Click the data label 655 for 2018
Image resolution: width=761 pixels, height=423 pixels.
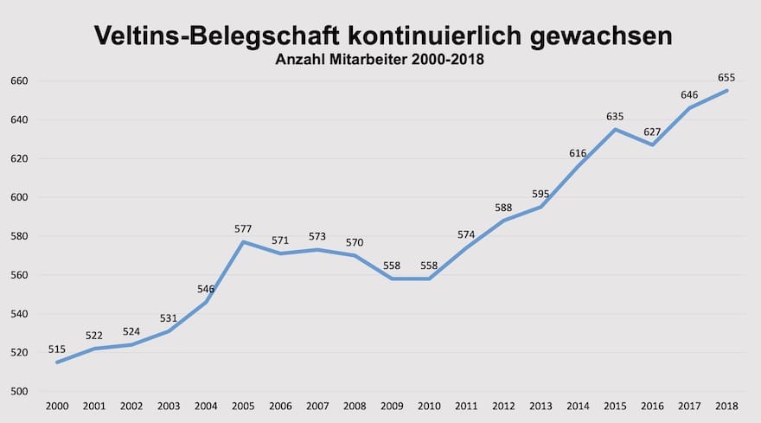[x=726, y=78]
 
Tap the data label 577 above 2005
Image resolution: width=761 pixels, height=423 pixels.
[x=243, y=229]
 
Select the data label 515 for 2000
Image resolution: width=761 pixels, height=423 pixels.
[x=57, y=349]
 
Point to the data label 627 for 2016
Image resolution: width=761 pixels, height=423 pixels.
[x=652, y=131]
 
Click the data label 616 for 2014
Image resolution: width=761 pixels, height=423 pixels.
[x=578, y=153]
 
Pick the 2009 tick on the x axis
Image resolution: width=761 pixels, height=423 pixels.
[x=392, y=407]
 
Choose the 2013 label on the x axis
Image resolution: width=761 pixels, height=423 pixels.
[x=540, y=407]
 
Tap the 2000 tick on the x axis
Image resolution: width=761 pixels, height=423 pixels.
[x=57, y=407]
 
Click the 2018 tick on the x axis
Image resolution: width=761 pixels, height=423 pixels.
[x=726, y=407]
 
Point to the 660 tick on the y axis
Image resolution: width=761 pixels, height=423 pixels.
[x=19, y=81]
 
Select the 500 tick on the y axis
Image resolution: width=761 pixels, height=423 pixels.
[x=19, y=392]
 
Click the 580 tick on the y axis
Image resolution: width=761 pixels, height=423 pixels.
[x=19, y=236]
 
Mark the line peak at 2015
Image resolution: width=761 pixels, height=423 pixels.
[x=615, y=129]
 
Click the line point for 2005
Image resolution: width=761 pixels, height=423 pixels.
[x=243, y=241]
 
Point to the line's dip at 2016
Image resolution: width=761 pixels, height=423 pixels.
[x=652, y=144]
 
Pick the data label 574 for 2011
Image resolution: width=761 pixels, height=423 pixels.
[x=466, y=234]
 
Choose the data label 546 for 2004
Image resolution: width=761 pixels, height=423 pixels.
[x=206, y=289]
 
